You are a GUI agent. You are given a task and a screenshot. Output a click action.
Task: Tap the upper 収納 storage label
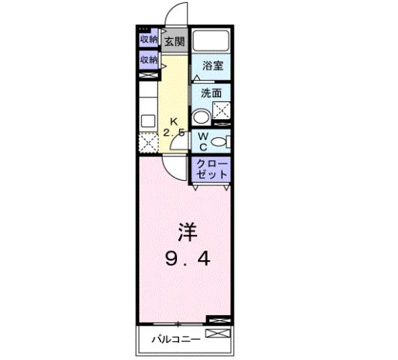[148, 40]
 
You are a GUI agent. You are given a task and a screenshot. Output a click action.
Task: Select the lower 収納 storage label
[148, 59]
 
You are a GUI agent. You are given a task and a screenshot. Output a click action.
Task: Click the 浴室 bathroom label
[211, 65]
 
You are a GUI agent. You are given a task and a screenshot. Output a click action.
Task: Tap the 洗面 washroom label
[210, 94]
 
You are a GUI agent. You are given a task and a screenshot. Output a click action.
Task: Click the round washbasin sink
[201, 118]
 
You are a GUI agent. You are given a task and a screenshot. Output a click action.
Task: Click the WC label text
[202, 141]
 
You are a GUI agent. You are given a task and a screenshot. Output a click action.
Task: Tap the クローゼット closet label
[211, 169]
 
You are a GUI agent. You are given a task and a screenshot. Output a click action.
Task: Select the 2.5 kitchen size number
[175, 133]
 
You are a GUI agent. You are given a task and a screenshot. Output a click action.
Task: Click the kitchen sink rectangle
[147, 120]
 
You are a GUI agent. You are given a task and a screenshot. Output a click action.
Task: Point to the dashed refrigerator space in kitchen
[148, 142]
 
